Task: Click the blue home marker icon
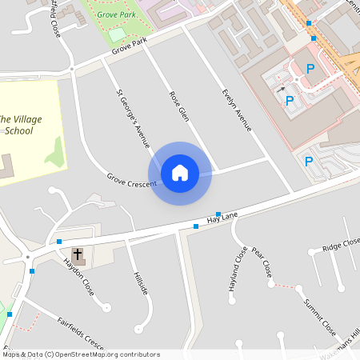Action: tap(180, 173)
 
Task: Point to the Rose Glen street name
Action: tap(178, 106)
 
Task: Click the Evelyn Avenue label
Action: tap(237, 108)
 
